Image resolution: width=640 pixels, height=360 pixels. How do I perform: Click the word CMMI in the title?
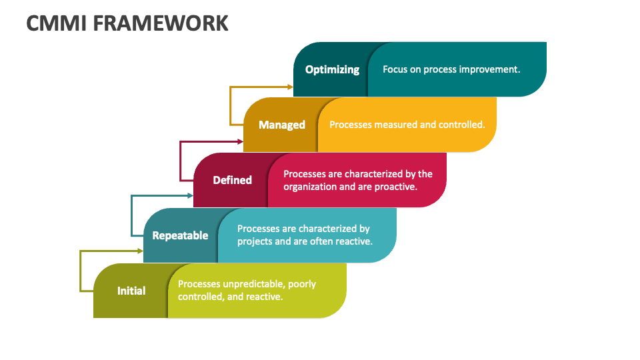coord(57,23)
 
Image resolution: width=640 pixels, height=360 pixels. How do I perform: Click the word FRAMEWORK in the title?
coord(161,23)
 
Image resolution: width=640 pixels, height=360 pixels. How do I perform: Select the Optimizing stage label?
coord(332,70)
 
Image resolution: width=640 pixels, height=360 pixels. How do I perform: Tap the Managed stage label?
coord(282,125)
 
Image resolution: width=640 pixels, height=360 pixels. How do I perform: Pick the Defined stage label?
coord(232,180)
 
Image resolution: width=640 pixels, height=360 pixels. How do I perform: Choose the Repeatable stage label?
coord(180,235)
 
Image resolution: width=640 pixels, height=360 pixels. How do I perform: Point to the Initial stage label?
coord(131,291)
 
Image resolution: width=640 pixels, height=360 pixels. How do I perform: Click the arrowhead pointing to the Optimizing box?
coord(290,87)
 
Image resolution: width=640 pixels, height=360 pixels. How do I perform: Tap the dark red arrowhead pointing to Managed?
coord(241,141)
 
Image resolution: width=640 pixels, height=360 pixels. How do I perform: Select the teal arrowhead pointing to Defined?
coord(190,196)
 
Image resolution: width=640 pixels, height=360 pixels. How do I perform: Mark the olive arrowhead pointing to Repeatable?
coord(140,251)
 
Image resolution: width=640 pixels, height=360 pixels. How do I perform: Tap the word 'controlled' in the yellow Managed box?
coord(461,125)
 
